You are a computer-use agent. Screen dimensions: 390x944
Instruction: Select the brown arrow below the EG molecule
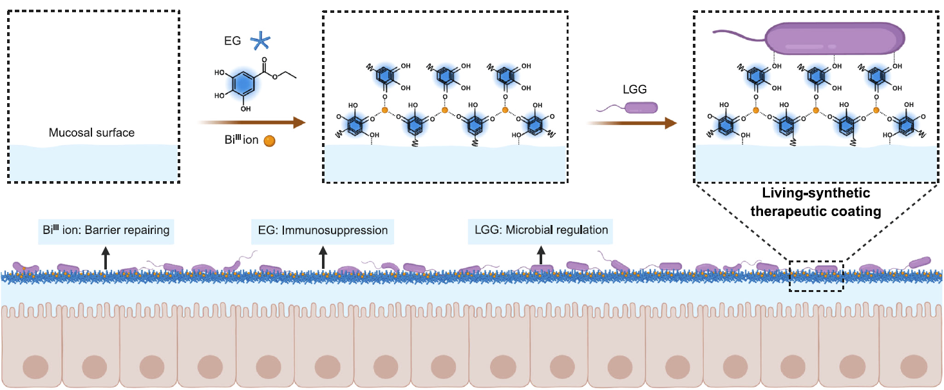(251, 122)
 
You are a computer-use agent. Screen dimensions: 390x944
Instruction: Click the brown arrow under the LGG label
(631, 122)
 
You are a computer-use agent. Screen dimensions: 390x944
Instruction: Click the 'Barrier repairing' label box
(104, 230)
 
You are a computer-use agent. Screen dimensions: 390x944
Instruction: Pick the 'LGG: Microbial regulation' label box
(540, 230)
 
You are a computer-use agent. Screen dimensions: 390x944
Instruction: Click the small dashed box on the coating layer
(816, 276)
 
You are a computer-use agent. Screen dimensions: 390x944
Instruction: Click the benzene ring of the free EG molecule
(238, 83)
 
